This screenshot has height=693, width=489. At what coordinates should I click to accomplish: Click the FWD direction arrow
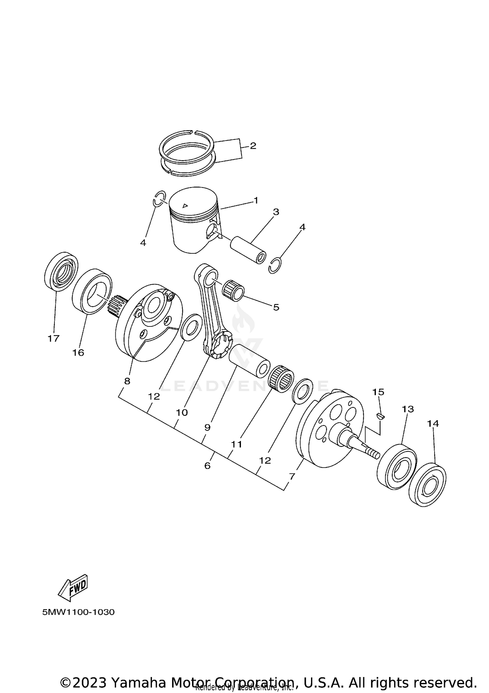[x=73, y=587]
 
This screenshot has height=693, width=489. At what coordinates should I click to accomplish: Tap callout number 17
[x=53, y=339]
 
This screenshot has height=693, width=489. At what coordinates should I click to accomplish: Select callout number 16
[x=78, y=353]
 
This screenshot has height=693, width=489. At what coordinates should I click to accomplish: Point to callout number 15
[x=378, y=392]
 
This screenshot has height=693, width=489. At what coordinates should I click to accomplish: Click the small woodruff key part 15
[x=380, y=416]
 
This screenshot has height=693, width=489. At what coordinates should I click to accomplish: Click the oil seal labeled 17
[x=61, y=271]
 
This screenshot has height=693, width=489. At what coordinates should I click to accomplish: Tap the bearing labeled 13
[x=397, y=467]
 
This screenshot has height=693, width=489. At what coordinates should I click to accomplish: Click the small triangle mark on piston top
[x=185, y=205]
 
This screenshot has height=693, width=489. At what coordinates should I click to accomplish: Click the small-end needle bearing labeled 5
[x=233, y=289]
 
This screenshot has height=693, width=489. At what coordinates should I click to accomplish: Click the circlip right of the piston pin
[x=276, y=266]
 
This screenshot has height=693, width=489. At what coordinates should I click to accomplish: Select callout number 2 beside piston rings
[x=253, y=146]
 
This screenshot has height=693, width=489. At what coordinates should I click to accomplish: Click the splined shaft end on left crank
[x=116, y=305]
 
